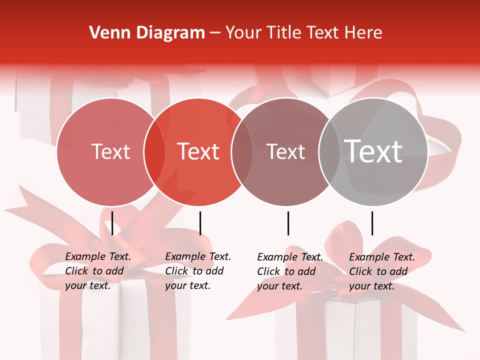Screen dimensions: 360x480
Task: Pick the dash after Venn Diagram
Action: pyautogui.click(x=215, y=33)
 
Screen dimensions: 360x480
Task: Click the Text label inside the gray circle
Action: pyautogui.click(x=373, y=151)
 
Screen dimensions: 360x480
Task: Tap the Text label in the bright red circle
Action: pyautogui.click(x=198, y=151)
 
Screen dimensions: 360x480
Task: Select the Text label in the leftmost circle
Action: pyautogui.click(x=110, y=151)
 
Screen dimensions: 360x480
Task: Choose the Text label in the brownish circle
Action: pyautogui.click(x=286, y=151)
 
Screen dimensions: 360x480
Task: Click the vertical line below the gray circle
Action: pyautogui.click(x=372, y=223)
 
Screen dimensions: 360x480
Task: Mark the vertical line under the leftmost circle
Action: pyautogui.click(x=112, y=223)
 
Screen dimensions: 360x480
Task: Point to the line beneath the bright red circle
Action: pyautogui.click(x=200, y=223)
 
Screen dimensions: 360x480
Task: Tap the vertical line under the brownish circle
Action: pyautogui.click(x=288, y=223)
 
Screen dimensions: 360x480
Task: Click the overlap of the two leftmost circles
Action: pyautogui.click(x=154, y=151)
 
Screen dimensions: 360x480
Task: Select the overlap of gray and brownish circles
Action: pyautogui.click(x=328, y=151)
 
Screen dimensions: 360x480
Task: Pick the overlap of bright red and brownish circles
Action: pyautogui.click(x=242, y=151)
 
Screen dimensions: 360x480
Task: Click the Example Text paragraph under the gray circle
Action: pyautogui.click(x=382, y=271)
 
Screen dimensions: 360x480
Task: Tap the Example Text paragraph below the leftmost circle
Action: pyautogui.click(x=98, y=271)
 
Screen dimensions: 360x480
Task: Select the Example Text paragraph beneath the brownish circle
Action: pyautogui.click(x=290, y=271)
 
